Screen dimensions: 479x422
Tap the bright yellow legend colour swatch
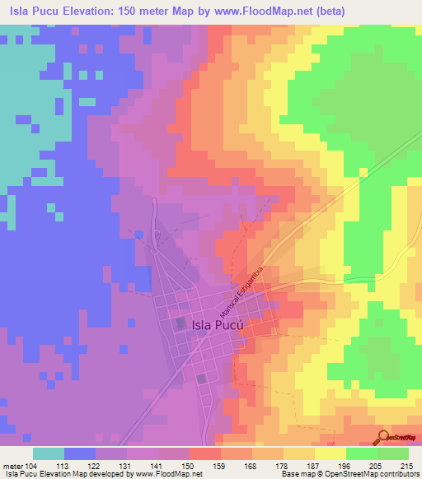point(330,453)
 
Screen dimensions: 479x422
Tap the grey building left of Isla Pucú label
point(180,324)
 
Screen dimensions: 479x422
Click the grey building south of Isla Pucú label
point(202,379)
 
